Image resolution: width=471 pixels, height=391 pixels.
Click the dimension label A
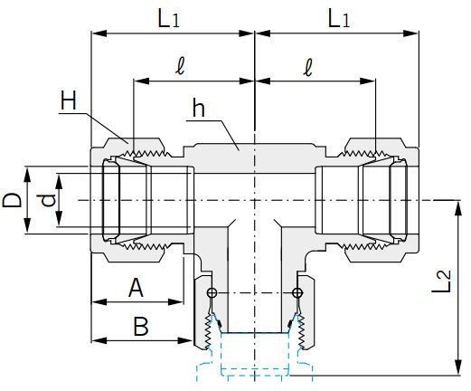pyautogui.click(x=136, y=287)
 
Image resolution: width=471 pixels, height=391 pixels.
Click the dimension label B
pyautogui.click(x=140, y=326)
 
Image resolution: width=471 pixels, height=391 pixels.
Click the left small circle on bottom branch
pyautogui.click(x=212, y=293)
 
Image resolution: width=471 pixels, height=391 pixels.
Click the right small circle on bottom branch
pyautogui.click(x=297, y=293)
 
